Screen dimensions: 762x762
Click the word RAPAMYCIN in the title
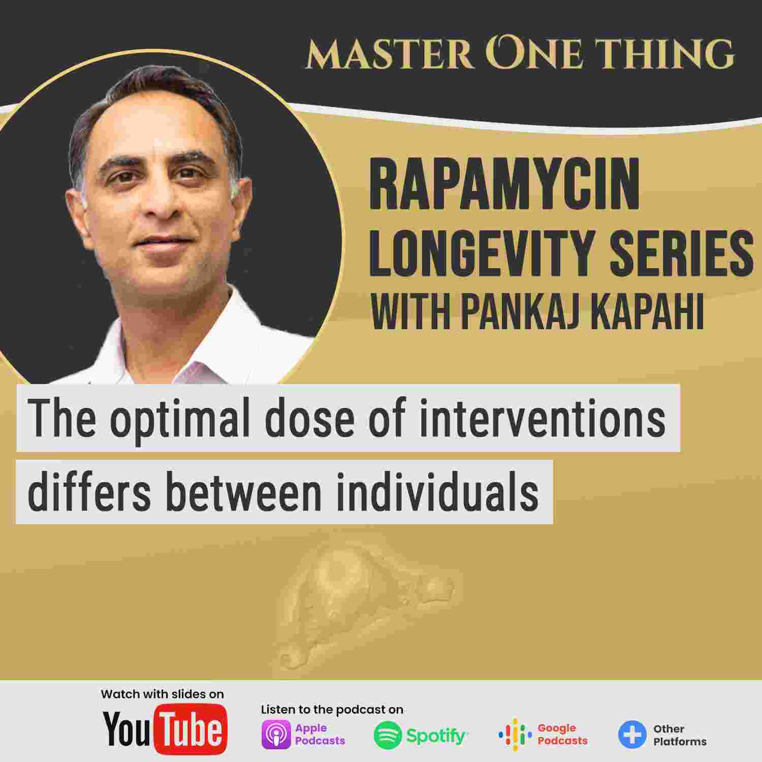504,186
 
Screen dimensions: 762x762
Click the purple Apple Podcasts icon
276,735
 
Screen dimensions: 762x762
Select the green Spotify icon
387,735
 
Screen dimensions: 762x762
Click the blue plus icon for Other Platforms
632,735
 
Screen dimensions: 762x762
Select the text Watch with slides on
162,694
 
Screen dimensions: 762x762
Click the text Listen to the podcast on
332,709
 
